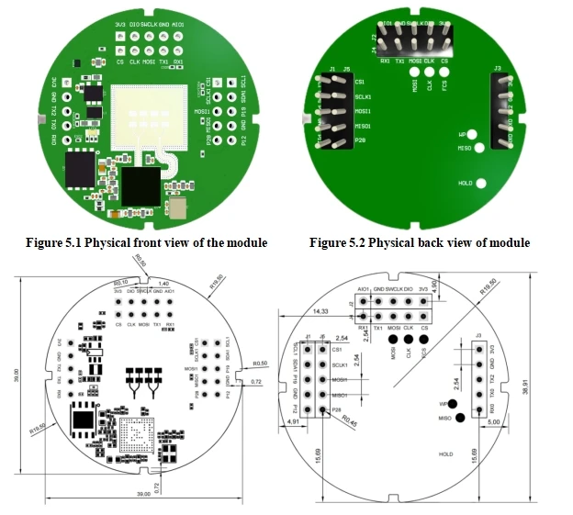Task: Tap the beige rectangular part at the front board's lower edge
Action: click(180, 209)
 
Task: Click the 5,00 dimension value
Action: click(493, 422)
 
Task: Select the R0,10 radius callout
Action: click(120, 283)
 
